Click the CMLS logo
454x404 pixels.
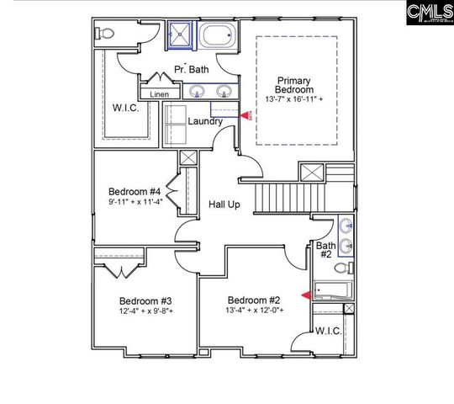428,13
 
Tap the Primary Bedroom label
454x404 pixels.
295,84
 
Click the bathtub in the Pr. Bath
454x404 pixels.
217,37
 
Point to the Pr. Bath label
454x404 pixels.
192,68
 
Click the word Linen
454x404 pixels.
159,94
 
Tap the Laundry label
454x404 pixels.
205,121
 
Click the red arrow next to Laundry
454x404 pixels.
245,115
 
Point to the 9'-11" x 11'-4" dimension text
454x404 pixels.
135,201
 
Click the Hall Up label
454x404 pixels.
225,205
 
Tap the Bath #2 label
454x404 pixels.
325,251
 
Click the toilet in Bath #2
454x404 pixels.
343,268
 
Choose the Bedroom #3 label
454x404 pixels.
145,300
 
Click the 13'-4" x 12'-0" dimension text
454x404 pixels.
255,311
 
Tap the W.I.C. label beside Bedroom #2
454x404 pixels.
328,331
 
